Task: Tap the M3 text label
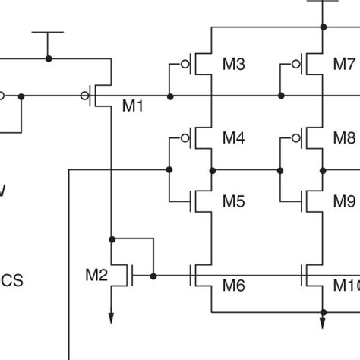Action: (x=234, y=65)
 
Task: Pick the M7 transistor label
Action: (x=344, y=65)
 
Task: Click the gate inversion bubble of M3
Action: (x=185, y=65)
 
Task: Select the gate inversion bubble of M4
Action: (x=185, y=138)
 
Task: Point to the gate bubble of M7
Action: (x=295, y=65)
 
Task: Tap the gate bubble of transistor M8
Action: (x=295, y=138)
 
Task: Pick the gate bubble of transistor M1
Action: (x=84, y=96)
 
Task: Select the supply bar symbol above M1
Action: (x=49, y=34)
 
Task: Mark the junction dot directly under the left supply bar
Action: (x=49, y=58)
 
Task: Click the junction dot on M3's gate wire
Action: (x=169, y=96)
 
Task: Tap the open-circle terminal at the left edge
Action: (x=2, y=96)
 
